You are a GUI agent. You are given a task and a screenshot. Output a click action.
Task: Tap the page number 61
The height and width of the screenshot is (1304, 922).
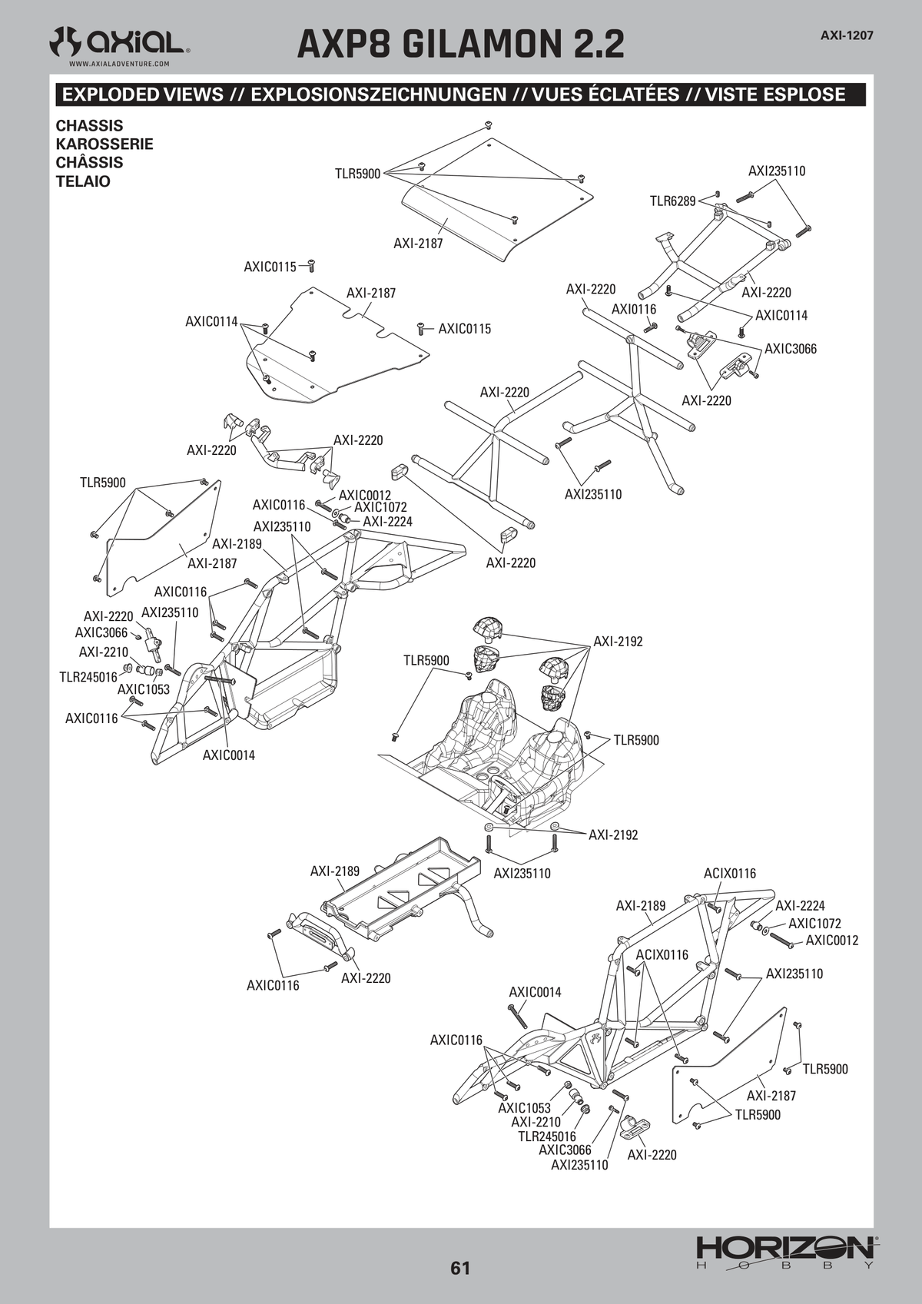(459, 1267)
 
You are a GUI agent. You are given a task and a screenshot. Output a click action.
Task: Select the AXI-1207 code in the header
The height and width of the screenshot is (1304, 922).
(847, 35)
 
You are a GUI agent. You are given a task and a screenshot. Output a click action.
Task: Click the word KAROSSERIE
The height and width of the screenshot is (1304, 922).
(104, 144)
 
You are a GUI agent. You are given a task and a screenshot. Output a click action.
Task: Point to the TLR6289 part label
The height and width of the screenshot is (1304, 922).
(672, 201)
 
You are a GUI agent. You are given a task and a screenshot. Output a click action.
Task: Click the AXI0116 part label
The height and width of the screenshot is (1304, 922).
(633, 309)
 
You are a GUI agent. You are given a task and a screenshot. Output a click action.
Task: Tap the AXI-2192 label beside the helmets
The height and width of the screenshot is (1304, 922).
(618, 642)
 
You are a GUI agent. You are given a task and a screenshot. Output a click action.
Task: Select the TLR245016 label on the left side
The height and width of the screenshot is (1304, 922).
(88, 676)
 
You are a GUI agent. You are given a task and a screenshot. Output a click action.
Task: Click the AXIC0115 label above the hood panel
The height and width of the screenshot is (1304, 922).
(270, 267)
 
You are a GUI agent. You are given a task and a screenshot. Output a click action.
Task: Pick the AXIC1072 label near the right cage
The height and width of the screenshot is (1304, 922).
(814, 924)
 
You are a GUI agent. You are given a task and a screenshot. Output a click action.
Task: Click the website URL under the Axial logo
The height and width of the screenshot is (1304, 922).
(119, 64)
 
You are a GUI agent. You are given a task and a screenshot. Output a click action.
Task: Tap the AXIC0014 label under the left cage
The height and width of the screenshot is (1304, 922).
(229, 755)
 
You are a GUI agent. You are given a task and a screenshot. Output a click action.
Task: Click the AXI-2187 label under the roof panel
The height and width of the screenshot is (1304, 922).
(418, 244)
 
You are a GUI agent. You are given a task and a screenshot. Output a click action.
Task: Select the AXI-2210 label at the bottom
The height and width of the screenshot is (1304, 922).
(536, 1122)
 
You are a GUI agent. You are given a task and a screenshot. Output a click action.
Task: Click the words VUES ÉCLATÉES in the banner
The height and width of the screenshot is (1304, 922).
(605, 95)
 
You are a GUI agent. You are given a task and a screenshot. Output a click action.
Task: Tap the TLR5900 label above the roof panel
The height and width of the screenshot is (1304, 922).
(357, 174)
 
